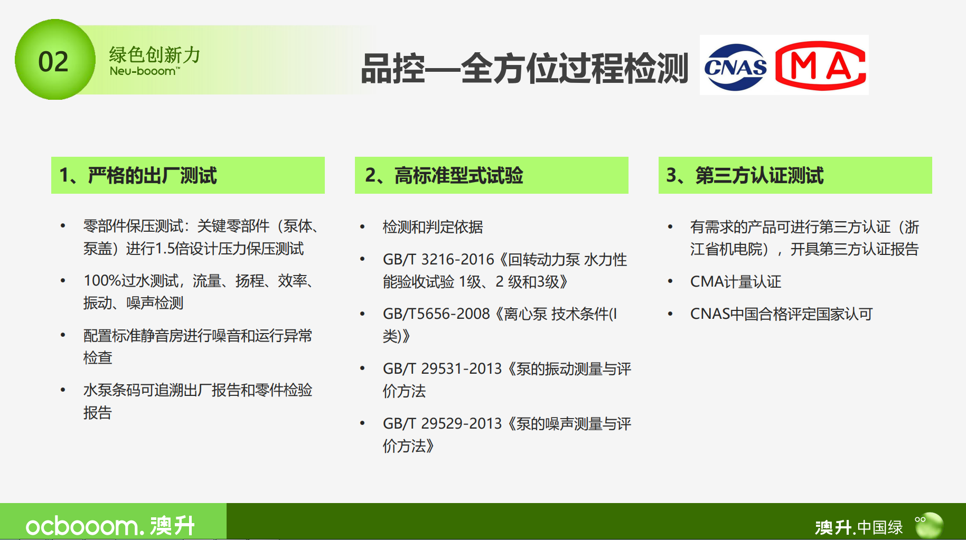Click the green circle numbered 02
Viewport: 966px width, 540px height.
55,60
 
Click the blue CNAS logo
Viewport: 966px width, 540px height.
735,67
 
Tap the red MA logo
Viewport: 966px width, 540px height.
820,66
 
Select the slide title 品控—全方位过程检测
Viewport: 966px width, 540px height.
524,68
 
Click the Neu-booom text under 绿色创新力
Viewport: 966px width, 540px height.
144,71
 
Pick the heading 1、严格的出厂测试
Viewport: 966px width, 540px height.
138,175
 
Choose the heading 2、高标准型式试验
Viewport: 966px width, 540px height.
444,175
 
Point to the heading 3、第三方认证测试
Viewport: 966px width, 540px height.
745,175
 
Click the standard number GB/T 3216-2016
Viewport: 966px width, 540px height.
438,260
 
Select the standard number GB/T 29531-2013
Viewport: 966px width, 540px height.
442,369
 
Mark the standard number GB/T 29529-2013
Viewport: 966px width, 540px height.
442,424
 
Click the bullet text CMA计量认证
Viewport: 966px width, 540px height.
735,282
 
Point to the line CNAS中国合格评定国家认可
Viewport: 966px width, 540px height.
781,315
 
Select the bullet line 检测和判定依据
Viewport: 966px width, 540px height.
433,227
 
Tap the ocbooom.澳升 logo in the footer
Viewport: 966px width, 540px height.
110,526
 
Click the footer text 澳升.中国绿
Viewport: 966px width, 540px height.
859,527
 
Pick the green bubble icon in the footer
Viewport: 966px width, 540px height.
929,525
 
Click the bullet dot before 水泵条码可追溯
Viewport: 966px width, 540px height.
63,390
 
